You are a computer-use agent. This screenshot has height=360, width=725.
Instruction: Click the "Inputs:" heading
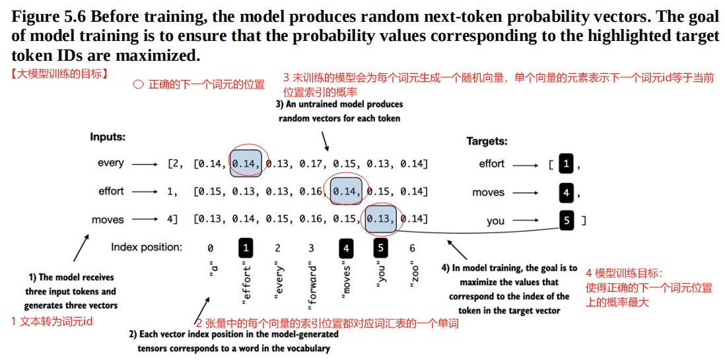click(108, 137)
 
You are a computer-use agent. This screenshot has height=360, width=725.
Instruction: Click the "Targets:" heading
click(487, 141)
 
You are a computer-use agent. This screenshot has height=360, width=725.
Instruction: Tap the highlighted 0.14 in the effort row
click(346, 192)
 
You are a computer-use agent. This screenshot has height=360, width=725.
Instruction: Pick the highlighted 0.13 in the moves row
click(380, 219)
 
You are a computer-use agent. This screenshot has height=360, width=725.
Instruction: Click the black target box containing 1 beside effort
click(567, 164)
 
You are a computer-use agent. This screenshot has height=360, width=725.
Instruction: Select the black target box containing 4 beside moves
click(567, 193)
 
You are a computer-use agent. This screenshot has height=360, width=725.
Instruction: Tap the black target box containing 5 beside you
click(567, 220)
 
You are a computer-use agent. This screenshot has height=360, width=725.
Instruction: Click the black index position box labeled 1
click(246, 248)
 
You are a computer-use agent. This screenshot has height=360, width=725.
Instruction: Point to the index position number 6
click(413, 248)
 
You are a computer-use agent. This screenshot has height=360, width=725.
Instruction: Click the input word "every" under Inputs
click(110, 163)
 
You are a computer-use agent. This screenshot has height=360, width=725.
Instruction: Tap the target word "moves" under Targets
click(488, 193)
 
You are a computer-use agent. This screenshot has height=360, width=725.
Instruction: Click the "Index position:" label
click(146, 248)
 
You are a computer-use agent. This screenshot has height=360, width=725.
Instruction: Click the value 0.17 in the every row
click(312, 164)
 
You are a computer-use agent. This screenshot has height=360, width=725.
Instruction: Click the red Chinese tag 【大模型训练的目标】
click(59, 74)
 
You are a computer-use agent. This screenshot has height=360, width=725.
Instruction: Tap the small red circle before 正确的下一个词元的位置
click(138, 85)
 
